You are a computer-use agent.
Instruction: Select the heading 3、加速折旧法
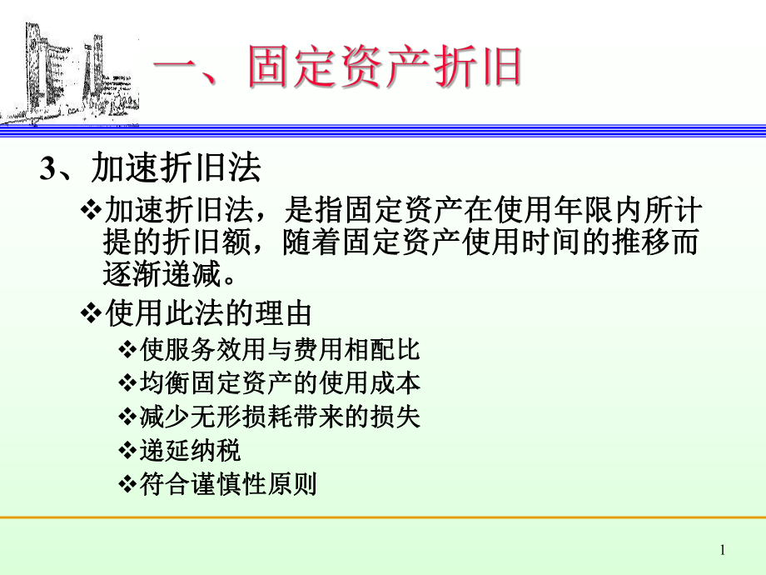coord(151,170)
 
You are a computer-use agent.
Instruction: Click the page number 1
coord(722,550)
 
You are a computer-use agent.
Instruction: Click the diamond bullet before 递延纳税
coord(127,451)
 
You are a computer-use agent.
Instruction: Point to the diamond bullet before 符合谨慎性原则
coord(127,485)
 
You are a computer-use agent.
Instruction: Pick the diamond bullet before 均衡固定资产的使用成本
coord(127,382)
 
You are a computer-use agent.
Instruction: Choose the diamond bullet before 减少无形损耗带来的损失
coord(127,417)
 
